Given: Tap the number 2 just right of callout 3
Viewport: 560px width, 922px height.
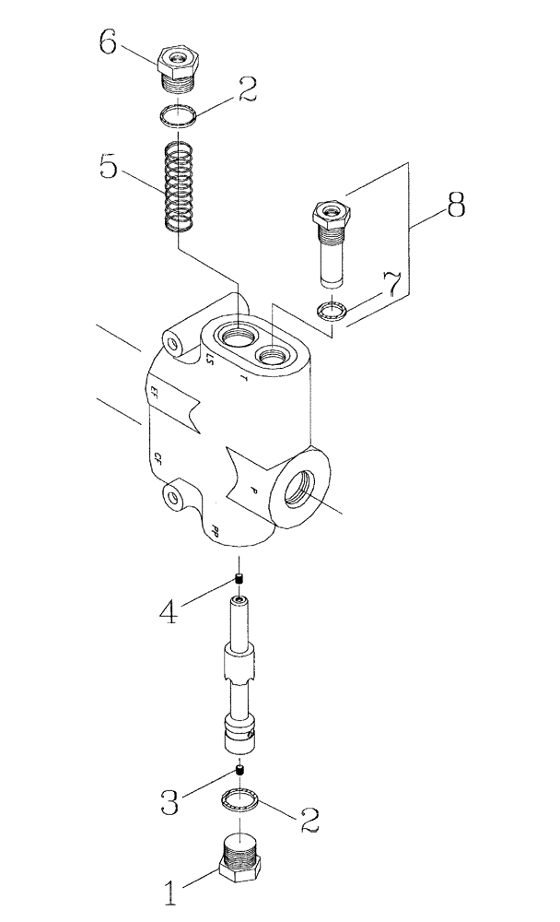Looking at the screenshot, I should click(x=309, y=819).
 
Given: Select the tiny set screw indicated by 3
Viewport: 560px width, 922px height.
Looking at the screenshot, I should click(x=239, y=770).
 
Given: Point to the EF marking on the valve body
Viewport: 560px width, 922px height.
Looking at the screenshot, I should click(x=153, y=394).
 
